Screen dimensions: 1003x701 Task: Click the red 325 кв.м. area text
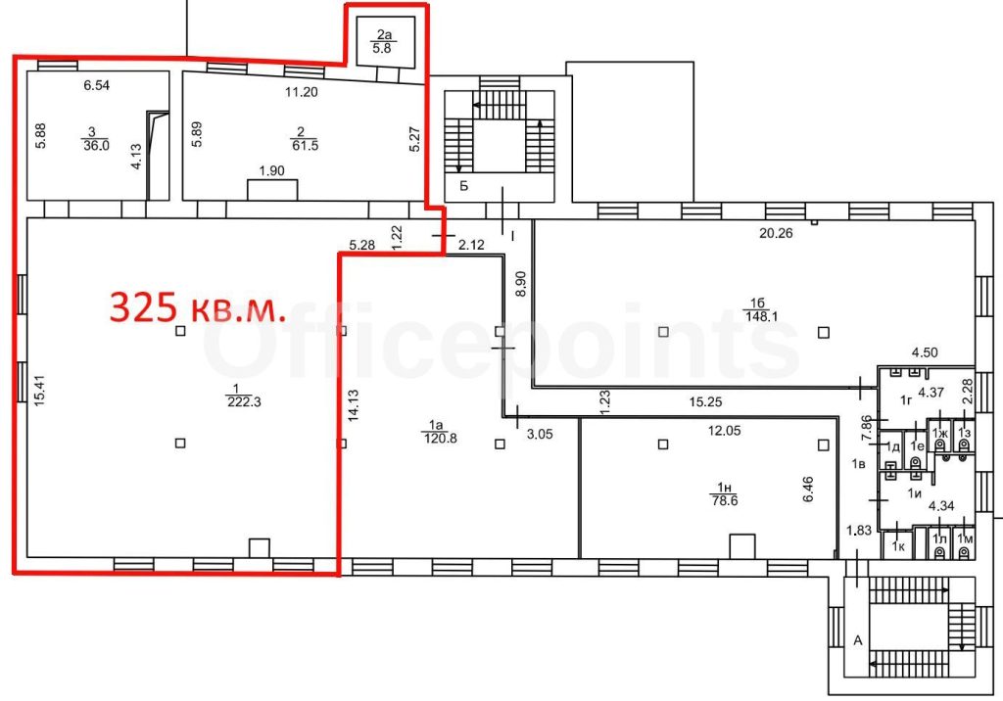point(197,307)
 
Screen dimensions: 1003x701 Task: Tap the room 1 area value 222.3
point(244,402)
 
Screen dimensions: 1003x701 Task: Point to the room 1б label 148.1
point(760,309)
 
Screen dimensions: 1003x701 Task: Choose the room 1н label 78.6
point(725,495)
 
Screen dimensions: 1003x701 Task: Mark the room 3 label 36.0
point(96,139)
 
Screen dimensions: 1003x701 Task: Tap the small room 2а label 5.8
point(382,41)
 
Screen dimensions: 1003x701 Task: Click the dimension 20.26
point(776,233)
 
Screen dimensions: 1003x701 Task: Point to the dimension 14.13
point(353,405)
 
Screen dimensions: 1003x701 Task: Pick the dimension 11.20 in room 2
point(302,92)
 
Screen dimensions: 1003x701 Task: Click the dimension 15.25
point(705,402)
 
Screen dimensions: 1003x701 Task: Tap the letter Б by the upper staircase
point(464,187)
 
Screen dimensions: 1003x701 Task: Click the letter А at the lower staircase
point(858,640)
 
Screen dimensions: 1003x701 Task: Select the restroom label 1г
point(906,401)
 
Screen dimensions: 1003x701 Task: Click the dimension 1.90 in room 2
point(272,170)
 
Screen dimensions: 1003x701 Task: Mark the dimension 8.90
point(520,283)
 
